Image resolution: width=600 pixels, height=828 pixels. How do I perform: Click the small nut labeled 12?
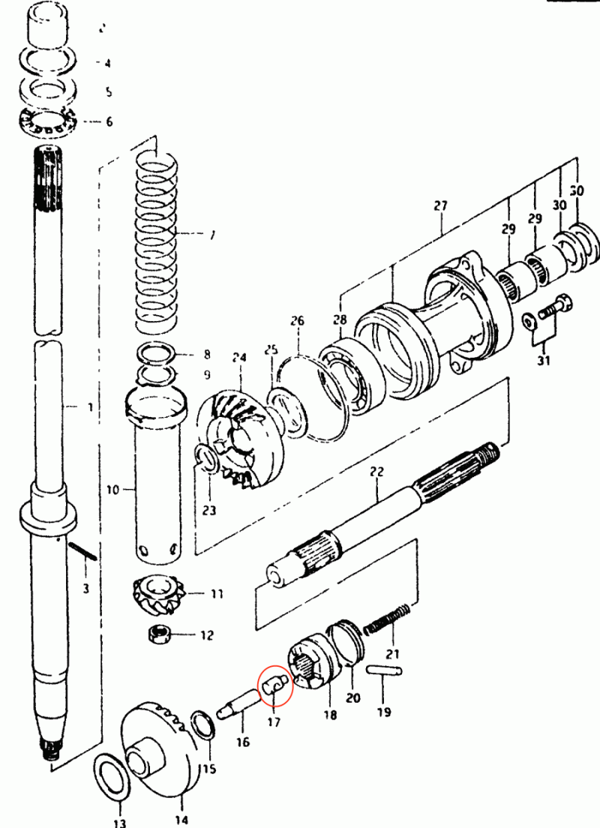click(157, 634)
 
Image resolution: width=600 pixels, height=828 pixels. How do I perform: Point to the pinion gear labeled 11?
click(158, 592)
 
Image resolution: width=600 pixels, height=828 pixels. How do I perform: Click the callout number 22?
click(376, 472)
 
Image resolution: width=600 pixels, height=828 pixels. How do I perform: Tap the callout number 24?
click(239, 358)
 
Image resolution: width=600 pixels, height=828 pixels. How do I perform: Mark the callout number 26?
click(298, 321)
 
